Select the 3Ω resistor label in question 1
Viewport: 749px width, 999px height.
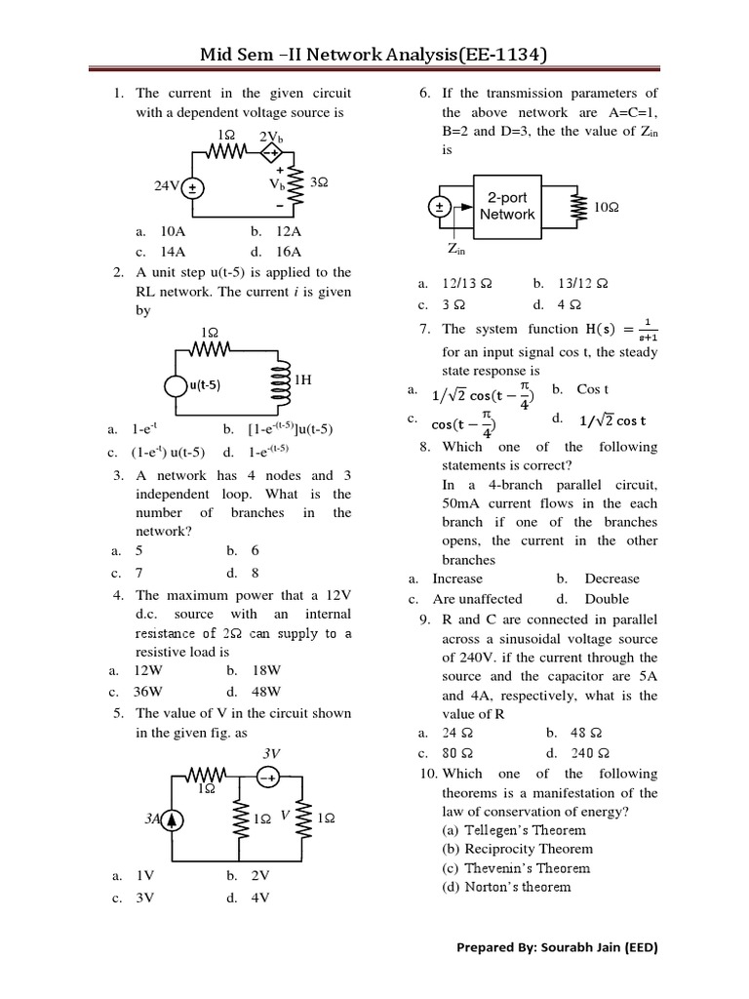[318, 182]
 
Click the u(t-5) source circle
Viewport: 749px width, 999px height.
[177, 384]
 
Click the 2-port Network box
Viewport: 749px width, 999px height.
[507, 206]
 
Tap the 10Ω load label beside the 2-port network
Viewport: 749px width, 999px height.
[607, 207]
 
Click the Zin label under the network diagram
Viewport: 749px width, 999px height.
[456, 249]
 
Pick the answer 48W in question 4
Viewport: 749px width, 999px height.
[267, 691]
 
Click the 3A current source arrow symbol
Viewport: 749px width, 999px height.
[173, 819]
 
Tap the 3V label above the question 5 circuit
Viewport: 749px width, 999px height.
[272, 754]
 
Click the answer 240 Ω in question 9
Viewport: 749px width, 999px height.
[590, 753]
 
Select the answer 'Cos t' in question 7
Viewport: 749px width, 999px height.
[593, 389]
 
